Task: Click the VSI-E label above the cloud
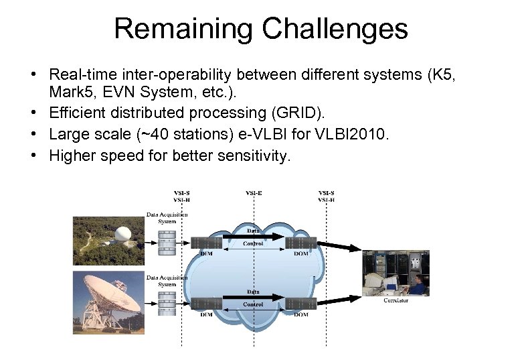pos(254,193)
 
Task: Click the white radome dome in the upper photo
pos(124,235)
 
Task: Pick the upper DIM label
pos(206,253)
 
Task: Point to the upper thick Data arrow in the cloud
pos(254,237)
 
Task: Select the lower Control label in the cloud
pos(253,304)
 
